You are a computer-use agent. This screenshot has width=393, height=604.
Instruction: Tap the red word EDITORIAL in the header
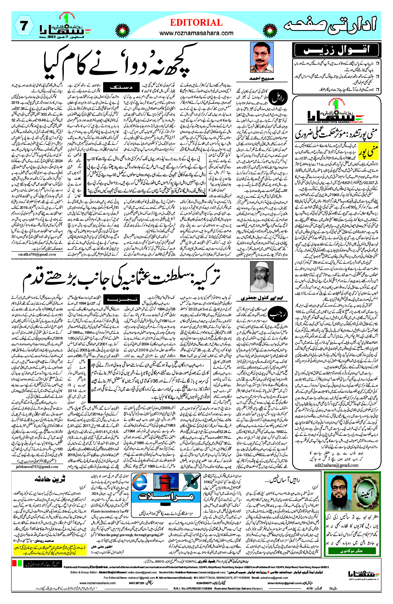[x=196, y=23]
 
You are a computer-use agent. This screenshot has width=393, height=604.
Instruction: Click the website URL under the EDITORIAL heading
[x=196, y=33]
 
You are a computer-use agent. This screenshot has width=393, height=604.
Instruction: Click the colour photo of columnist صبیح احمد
[x=262, y=58]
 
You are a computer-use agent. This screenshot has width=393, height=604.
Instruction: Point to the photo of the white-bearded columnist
[x=262, y=276]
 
